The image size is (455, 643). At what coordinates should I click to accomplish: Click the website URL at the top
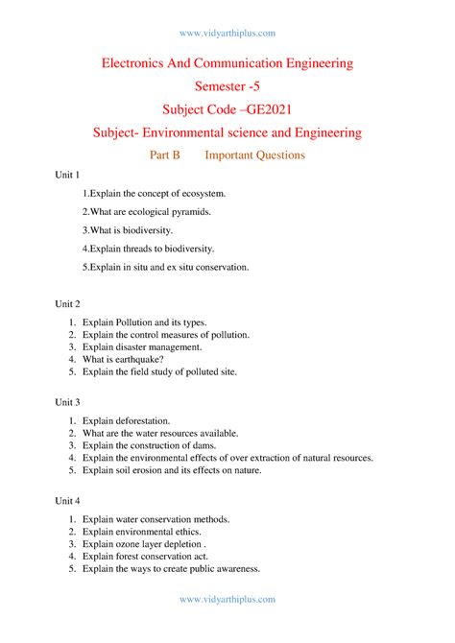click(227, 33)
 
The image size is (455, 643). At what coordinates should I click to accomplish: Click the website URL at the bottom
click(227, 599)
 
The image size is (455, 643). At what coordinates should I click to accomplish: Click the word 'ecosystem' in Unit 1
click(201, 194)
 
